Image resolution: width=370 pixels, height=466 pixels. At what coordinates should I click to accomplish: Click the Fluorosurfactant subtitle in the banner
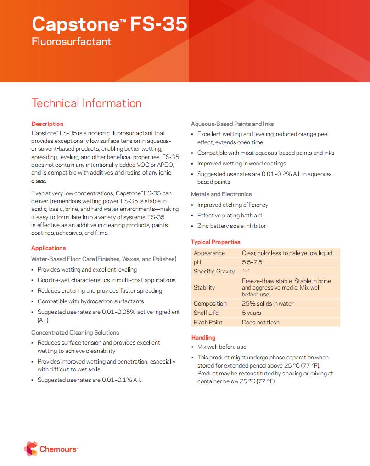click(x=71, y=42)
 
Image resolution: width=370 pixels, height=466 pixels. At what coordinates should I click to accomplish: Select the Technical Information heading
click(x=86, y=103)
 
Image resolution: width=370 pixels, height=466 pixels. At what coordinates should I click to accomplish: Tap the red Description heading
click(x=47, y=124)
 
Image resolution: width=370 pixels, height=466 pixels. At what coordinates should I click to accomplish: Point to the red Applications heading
click(x=49, y=248)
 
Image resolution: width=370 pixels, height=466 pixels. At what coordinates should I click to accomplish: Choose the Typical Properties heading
click(x=215, y=242)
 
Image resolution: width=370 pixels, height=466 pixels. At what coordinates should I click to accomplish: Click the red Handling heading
click(x=203, y=338)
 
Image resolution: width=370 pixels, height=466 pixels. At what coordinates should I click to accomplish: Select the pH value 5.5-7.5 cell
click(x=252, y=262)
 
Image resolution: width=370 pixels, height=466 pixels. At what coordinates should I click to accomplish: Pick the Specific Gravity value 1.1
click(x=246, y=272)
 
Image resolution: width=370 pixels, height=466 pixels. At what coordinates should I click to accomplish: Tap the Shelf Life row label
click(x=206, y=313)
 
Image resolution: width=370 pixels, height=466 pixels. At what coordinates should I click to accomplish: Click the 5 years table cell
click(x=251, y=313)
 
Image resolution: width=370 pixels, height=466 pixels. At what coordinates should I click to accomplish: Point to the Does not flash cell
click(x=260, y=322)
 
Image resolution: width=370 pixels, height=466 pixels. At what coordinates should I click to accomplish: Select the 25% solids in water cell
click(x=268, y=304)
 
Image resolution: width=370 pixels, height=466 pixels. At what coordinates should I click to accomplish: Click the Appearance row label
click(x=209, y=253)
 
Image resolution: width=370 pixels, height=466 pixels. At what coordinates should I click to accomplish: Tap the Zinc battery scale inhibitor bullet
click(x=231, y=226)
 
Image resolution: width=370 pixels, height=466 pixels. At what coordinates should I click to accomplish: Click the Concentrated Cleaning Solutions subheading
click(x=75, y=333)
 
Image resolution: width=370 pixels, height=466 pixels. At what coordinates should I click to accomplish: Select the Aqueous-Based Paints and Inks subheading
click(x=232, y=124)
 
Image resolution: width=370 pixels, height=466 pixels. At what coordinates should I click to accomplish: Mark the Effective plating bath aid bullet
click(x=229, y=216)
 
